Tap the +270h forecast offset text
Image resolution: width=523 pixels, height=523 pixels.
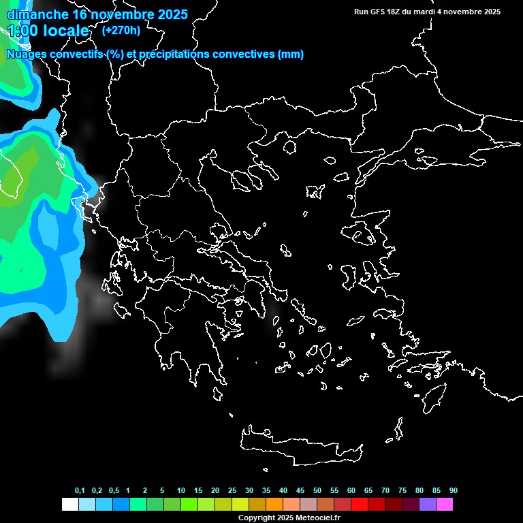point(121,30)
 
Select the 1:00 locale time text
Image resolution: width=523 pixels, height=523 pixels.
point(48,31)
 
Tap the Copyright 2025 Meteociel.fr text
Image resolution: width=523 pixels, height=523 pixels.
point(289,518)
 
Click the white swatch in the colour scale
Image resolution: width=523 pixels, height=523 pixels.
point(69,505)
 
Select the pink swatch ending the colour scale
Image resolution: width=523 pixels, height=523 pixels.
point(445,505)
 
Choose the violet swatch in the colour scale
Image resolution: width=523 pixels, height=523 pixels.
point(428,505)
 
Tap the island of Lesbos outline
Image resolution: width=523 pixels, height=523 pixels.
point(362,235)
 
